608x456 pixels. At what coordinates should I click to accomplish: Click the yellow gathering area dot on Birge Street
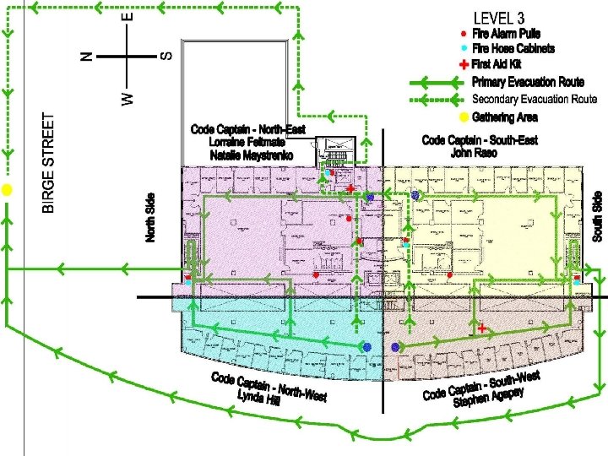(x=7, y=190)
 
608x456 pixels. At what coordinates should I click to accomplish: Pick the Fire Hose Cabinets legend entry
(x=513, y=49)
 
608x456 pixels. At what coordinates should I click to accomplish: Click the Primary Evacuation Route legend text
(x=528, y=82)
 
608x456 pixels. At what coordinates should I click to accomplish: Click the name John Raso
(x=473, y=154)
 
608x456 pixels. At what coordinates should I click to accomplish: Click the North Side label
(x=151, y=217)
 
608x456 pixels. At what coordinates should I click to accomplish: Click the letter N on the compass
(x=85, y=56)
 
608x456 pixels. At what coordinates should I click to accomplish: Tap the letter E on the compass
(x=128, y=16)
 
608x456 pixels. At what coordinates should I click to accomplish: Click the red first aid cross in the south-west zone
(x=482, y=328)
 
